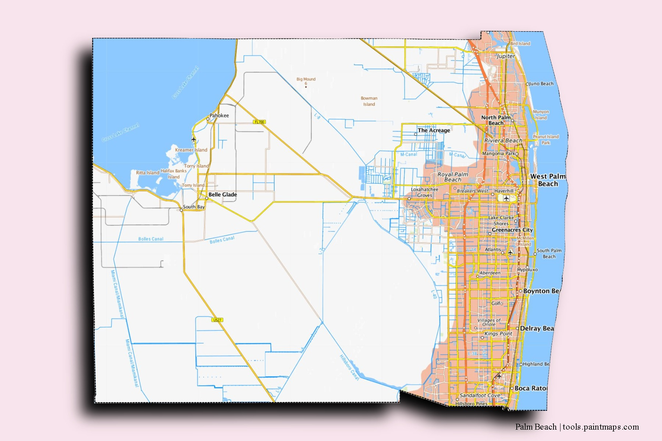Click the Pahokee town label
219,115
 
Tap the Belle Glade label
223,194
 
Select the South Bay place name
194,207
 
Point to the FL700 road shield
259,122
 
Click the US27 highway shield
217,320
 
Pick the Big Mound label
306,79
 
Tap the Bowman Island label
369,101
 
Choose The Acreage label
434,130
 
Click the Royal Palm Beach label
453,177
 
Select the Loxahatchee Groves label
424,192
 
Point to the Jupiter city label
506,56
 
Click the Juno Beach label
541,84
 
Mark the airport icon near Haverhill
506,198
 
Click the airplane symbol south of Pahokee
193,139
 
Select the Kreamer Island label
191,150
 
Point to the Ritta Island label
147,173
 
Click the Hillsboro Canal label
349,367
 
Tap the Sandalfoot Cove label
480,395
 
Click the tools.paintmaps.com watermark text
601,427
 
